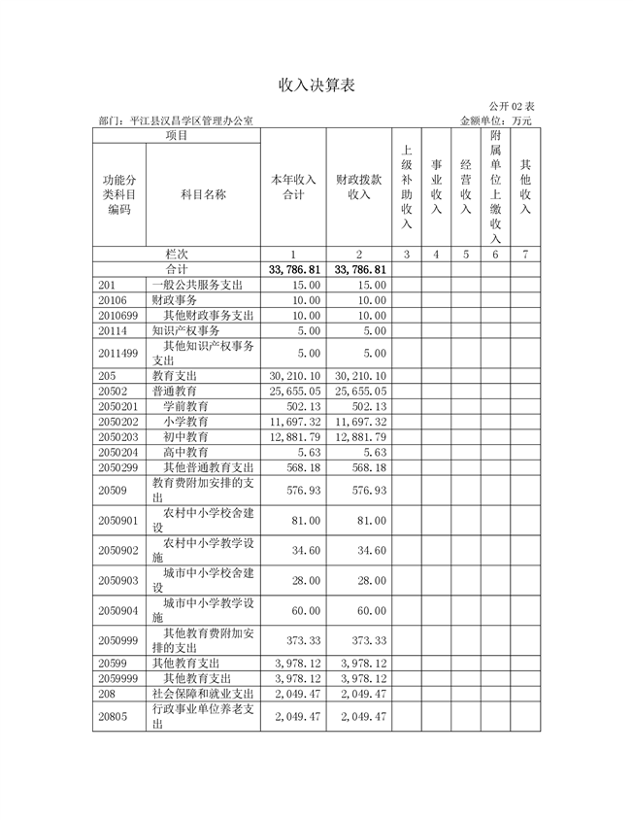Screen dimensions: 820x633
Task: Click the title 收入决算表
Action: pos(316,85)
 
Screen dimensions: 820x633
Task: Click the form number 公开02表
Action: pos(511,106)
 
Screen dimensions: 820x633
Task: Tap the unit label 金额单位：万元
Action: pos(496,121)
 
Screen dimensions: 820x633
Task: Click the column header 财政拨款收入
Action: pos(358,187)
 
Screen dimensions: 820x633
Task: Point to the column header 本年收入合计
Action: pos(293,187)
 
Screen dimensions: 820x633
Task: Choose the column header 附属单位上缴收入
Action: pos(495,187)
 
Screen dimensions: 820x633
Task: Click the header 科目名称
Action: pos(204,194)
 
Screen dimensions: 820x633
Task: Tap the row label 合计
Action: pos(177,269)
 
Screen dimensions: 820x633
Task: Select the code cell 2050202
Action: pos(118,422)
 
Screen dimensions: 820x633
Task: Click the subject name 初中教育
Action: pos(185,437)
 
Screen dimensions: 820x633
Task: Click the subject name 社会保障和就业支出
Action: pos(203,694)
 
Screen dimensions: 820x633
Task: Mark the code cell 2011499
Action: pos(118,353)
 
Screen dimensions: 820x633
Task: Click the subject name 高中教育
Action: pos(185,453)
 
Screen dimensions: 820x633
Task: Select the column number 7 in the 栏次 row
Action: pos(525,254)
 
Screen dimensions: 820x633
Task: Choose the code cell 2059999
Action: pos(118,678)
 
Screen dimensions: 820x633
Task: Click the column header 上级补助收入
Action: pos(407,187)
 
